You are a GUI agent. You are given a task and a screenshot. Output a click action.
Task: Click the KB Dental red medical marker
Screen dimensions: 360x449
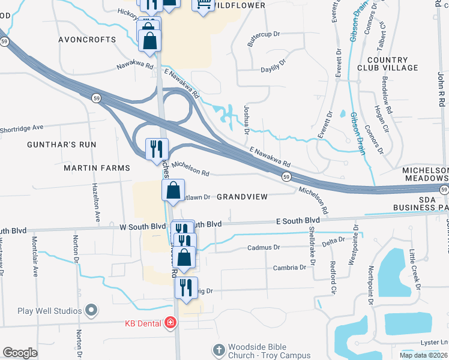[x=170, y=323]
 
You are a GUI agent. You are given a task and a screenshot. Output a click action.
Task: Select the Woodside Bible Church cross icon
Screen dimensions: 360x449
[x=218, y=349]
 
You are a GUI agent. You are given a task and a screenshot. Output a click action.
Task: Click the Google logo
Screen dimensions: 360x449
[x=20, y=353]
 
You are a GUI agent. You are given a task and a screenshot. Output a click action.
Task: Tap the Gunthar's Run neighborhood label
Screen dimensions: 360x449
[x=61, y=145]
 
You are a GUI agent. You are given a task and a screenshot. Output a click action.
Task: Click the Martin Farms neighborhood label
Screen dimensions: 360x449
[x=97, y=168]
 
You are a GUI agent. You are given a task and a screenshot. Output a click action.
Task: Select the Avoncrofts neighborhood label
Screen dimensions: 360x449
[x=86, y=40]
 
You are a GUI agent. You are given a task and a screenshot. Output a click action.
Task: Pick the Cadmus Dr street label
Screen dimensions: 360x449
[x=264, y=247]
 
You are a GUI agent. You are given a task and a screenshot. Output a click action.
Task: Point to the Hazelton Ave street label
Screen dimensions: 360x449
[x=95, y=202]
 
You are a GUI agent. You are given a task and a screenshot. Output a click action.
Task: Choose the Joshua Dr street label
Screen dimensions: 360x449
[x=246, y=119]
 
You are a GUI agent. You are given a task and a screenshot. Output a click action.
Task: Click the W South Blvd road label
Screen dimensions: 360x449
[x=142, y=226]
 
